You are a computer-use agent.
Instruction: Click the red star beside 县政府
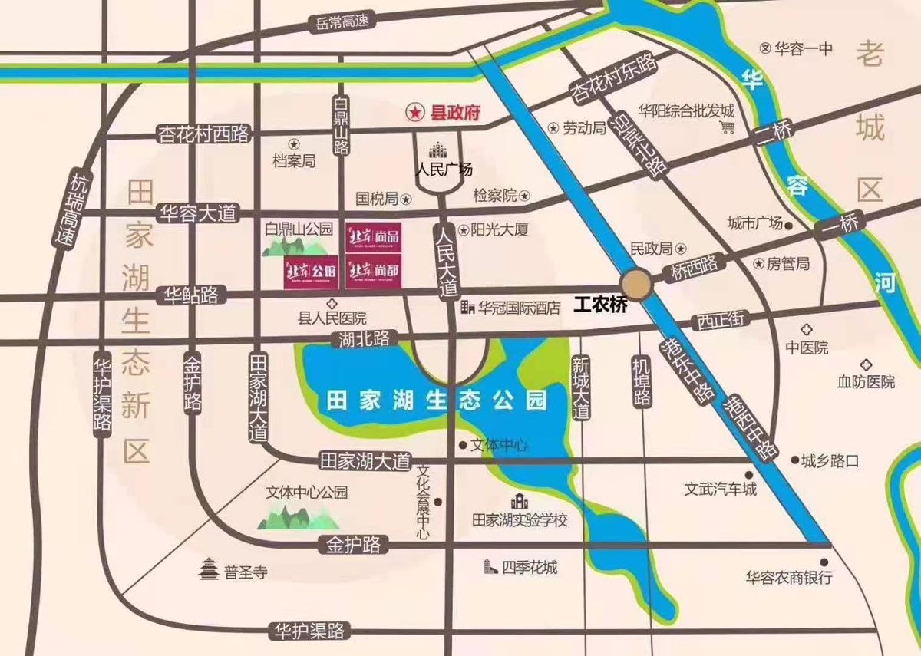pos(414,113)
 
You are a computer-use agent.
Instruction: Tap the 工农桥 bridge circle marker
pos(637,284)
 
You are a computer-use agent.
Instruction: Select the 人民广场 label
pos(444,170)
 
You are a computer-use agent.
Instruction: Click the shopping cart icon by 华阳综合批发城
pos(727,127)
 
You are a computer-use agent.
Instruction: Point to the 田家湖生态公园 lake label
pos(437,400)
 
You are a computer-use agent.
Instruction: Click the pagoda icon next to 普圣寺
pos(209,570)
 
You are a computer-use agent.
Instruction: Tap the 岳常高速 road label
pos(342,21)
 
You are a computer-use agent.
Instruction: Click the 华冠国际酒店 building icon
pos(467,308)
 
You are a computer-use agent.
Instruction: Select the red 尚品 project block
pos(372,238)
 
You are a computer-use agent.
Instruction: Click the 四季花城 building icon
pos(490,567)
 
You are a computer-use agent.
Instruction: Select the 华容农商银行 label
pos(789,578)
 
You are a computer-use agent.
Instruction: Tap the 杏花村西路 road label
pos(203,134)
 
